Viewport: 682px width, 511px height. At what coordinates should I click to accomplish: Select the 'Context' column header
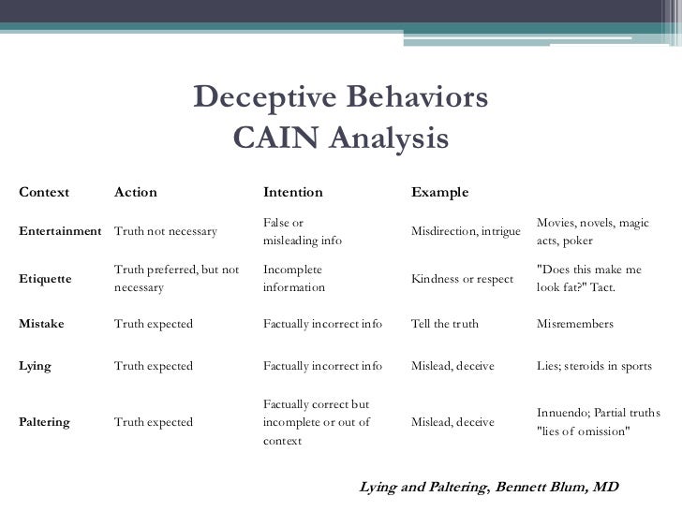pyautogui.click(x=44, y=193)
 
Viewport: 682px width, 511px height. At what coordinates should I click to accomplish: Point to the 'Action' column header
pyautogui.click(x=135, y=193)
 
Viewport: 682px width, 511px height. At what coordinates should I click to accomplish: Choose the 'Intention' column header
pyautogui.click(x=292, y=193)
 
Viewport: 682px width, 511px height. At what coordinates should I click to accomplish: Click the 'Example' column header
pyautogui.click(x=439, y=193)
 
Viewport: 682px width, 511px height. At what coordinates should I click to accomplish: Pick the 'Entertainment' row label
pyautogui.click(x=60, y=231)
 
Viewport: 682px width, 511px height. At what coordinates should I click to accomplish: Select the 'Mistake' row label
pyautogui.click(x=41, y=324)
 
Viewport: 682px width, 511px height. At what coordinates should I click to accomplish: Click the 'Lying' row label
pyautogui.click(x=35, y=366)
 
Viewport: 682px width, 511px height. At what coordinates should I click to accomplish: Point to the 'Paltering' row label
pyautogui.click(x=44, y=422)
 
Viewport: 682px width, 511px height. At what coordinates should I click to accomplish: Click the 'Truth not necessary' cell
pyautogui.click(x=165, y=231)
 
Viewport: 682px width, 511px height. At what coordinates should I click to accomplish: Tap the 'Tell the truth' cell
pyautogui.click(x=445, y=324)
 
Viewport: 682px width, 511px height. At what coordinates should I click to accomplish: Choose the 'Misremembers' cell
pyautogui.click(x=574, y=324)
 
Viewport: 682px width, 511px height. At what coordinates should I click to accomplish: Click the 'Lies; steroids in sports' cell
pyautogui.click(x=594, y=366)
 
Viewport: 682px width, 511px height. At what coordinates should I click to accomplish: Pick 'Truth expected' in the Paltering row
pyautogui.click(x=153, y=422)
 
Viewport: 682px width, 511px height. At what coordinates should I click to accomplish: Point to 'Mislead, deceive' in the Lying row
pyautogui.click(x=452, y=366)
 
